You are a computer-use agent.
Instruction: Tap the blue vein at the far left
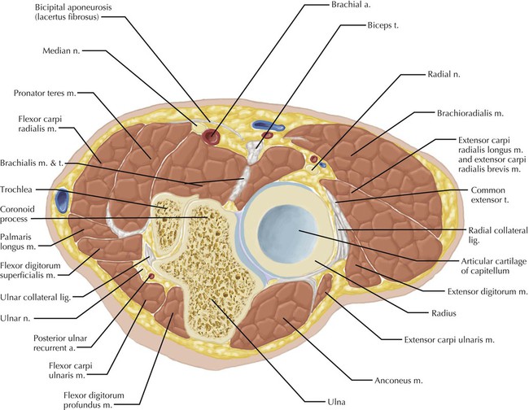point(62,198)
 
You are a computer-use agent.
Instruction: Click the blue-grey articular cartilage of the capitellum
point(290,232)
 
